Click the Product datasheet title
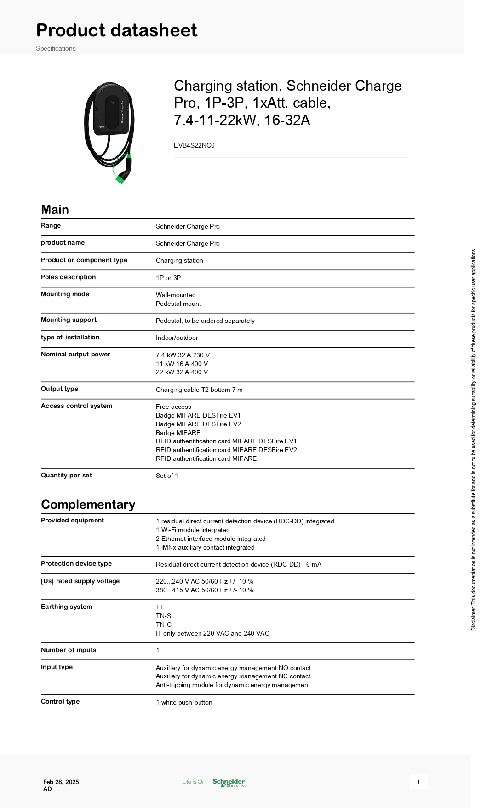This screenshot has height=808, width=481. point(117,30)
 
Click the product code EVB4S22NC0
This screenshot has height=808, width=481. point(194,145)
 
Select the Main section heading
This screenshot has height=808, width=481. point(55,210)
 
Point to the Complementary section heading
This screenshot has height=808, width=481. point(88,504)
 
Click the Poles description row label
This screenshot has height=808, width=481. point(68,277)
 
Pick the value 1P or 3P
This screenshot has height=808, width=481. point(168,278)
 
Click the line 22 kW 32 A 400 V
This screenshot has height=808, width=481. point(182,372)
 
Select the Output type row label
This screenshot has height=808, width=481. point(59,389)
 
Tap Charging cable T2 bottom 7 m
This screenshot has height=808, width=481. point(199,390)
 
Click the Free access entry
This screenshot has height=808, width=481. point(173,407)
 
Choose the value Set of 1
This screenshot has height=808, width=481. point(167,476)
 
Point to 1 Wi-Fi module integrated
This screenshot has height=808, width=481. point(193,530)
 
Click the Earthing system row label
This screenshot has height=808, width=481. point(66,607)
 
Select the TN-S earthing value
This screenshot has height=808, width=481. point(163,616)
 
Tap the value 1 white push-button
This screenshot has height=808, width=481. point(184,702)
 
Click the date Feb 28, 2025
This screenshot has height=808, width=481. point(61,782)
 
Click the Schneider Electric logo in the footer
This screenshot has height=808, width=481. point(229,782)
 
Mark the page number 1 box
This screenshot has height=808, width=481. point(418,782)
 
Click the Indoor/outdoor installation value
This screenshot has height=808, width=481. point(177,338)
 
